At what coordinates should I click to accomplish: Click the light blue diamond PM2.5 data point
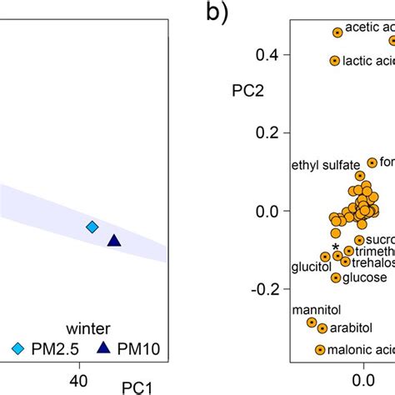coord(92,227)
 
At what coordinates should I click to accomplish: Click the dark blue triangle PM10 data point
coord(114,241)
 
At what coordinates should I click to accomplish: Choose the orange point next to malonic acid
coord(320,350)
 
